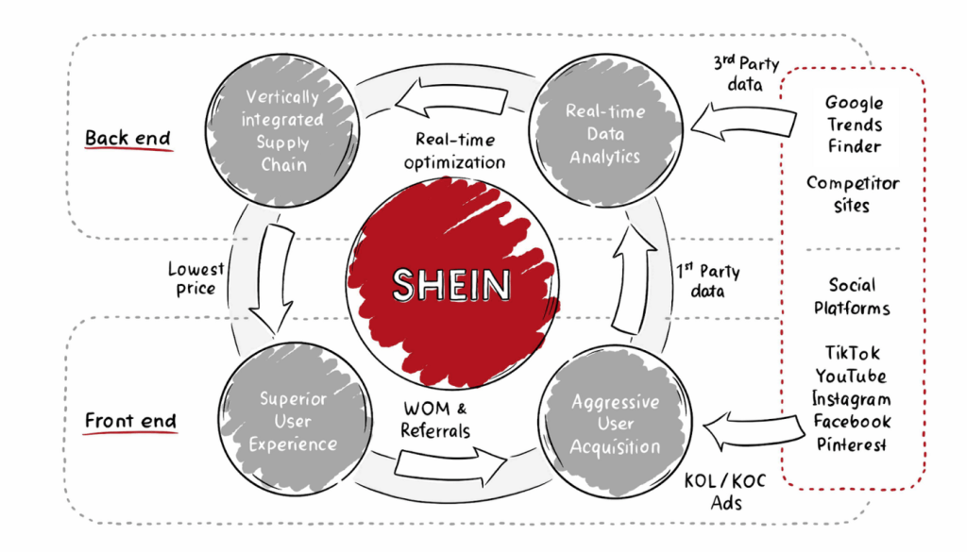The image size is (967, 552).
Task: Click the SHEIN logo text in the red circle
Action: [x=452, y=285]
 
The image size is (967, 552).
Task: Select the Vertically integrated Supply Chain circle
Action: [x=282, y=130]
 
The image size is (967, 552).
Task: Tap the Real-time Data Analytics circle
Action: [x=605, y=130]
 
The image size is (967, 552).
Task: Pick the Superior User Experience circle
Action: [x=295, y=419]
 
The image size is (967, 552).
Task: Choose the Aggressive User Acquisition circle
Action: [x=615, y=422]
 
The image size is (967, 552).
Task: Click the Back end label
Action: [x=127, y=138]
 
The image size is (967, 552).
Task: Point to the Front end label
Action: [x=130, y=422]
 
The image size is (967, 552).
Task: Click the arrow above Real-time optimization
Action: [x=451, y=98]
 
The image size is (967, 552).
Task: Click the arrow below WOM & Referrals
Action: [x=450, y=465]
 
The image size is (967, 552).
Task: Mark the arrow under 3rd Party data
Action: [x=743, y=120]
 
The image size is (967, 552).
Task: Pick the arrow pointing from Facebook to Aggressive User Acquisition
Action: [x=754, y=430]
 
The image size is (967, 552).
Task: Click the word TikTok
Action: [x=853, y=353]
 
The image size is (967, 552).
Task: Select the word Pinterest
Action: [x=852, y=444]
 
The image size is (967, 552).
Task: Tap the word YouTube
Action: [x=851, y=376]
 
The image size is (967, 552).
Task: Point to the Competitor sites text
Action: [x=853, y=194]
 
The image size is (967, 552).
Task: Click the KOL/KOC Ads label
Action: [x=725, y=492]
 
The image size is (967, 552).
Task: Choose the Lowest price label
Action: [x=195, y=279]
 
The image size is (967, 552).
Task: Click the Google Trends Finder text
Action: [x=854, y=125]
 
